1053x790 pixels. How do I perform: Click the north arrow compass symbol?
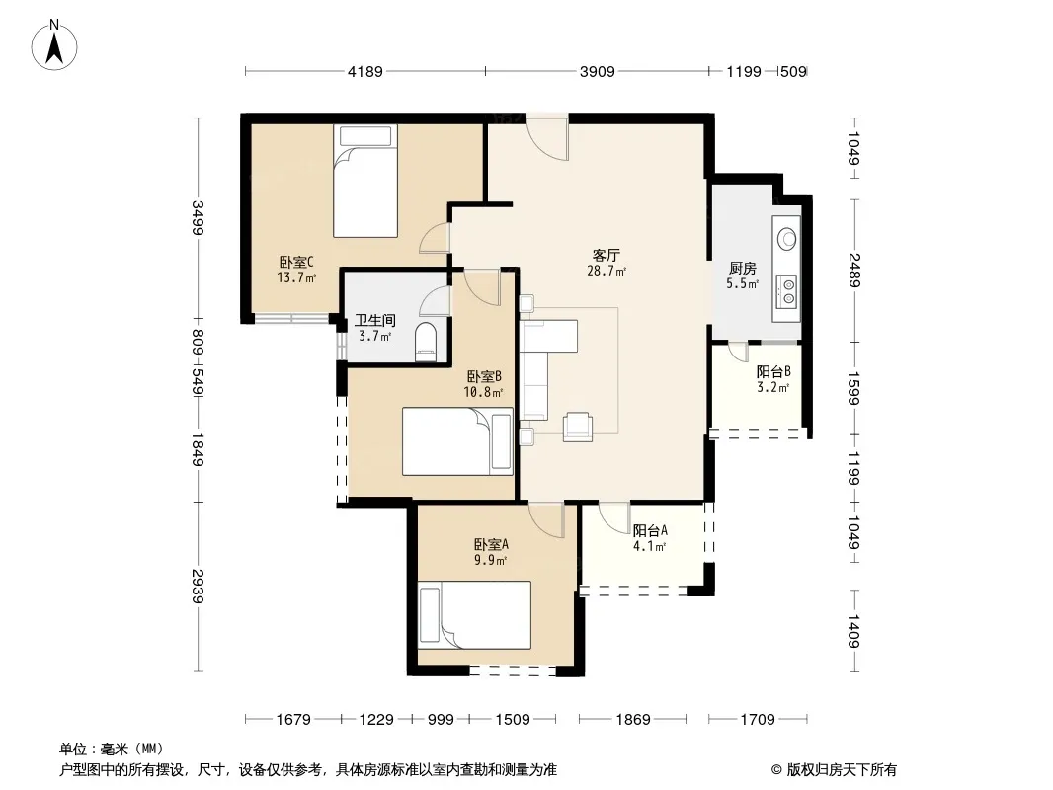54,45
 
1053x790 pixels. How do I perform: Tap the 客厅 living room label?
606,255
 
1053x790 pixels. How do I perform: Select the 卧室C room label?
296,262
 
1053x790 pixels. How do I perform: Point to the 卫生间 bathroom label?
374,321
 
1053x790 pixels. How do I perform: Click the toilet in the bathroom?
426,343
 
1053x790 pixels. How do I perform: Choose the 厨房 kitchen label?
742,269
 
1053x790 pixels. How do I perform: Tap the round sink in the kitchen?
786,238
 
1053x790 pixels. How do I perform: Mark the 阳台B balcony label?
773,372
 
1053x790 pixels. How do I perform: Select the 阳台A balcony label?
650,531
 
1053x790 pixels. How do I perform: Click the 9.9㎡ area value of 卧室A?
490,560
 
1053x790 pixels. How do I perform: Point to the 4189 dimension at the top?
364,71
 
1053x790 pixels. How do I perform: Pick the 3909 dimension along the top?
597,71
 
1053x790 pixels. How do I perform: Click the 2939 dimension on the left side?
198,586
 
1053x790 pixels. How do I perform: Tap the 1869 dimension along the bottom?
632,720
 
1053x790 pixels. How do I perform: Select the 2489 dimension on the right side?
853,270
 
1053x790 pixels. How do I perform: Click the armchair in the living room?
578,427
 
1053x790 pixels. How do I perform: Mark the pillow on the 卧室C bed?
365,136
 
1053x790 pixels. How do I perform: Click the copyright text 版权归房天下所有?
841,770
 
